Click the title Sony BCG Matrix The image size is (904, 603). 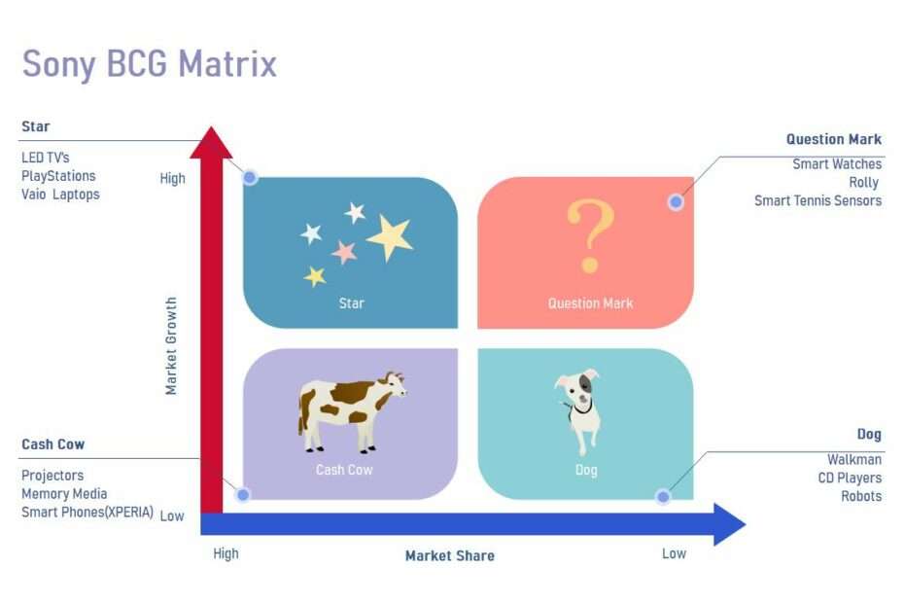(150, 64)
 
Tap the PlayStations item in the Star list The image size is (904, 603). (58, 176)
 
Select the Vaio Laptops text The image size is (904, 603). (60, 195)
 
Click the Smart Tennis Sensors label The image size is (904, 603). (817, 200)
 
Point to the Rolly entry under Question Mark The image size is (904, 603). (863, 183)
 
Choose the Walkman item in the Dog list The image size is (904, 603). (854, 460)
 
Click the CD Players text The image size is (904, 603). (850, 479)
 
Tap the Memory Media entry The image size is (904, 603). (64, 494)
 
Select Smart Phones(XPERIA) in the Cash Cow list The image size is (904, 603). (87, 513)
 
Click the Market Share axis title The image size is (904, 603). (450, 555)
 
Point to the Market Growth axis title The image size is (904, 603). (171, 346)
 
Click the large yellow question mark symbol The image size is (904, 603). (590, 235)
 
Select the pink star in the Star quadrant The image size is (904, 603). (344, 252)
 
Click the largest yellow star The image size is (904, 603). (391, 236)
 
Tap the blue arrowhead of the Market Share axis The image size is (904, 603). (729, 524)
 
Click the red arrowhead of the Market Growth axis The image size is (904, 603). (211, 143)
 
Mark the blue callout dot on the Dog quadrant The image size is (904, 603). (663, 496)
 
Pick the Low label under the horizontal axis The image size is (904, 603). (674, 554)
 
